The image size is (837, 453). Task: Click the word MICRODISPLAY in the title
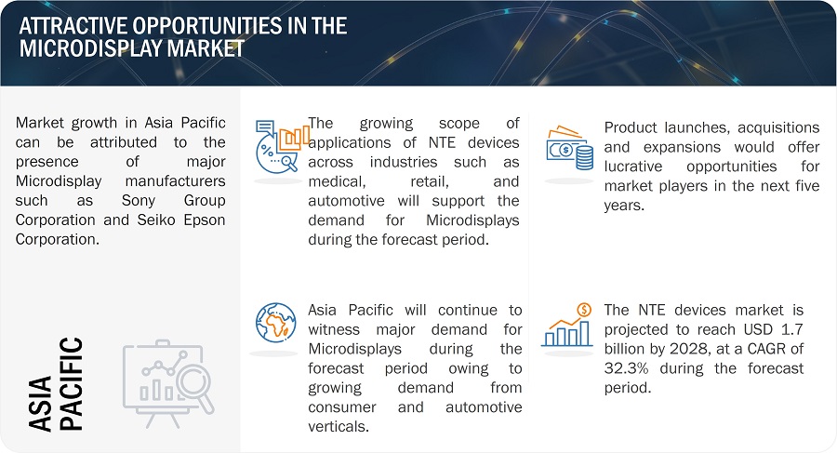[91, 48]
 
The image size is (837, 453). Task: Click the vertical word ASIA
[41, 403]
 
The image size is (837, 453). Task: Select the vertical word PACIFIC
[71, 383]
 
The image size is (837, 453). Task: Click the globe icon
[275, 323]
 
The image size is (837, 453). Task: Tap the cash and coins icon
[569, 148]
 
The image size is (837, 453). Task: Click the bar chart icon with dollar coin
[567, 325]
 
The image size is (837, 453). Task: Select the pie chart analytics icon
[281, 146]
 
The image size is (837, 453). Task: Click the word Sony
[139, 200]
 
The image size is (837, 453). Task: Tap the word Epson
[205, 220]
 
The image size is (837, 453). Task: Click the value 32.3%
[626, 368]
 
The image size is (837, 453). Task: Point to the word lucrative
[633, 167]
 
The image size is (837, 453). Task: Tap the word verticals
[339, 426]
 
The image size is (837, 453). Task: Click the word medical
[337, 181]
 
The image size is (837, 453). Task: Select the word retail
[430, 181]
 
